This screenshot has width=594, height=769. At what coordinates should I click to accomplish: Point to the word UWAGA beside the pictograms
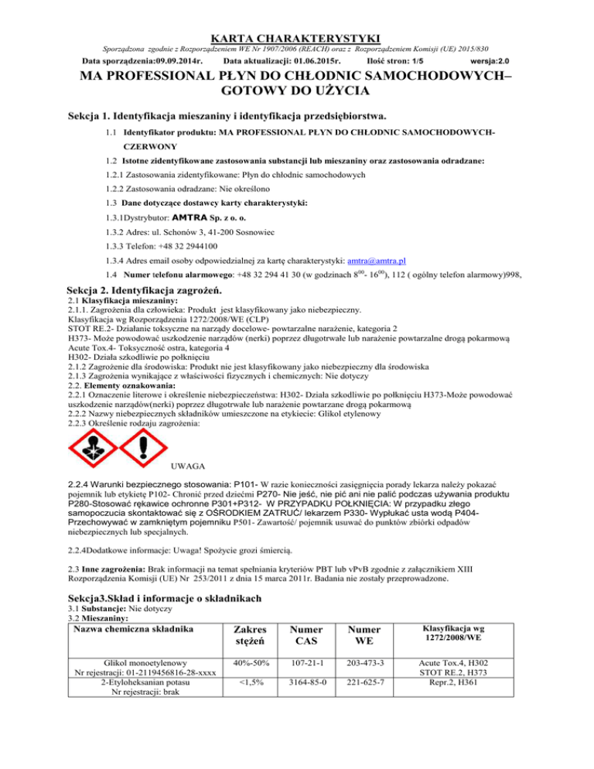(186, 466)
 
